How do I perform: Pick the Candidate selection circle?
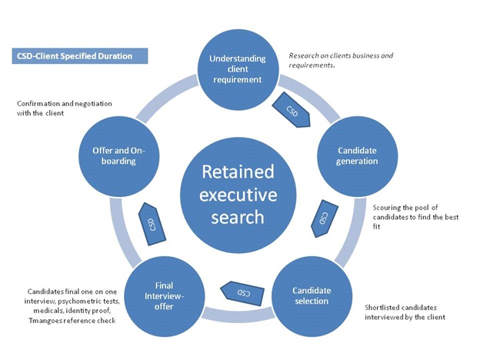312,295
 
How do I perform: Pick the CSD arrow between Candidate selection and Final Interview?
238,292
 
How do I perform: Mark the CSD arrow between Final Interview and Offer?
151,223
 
